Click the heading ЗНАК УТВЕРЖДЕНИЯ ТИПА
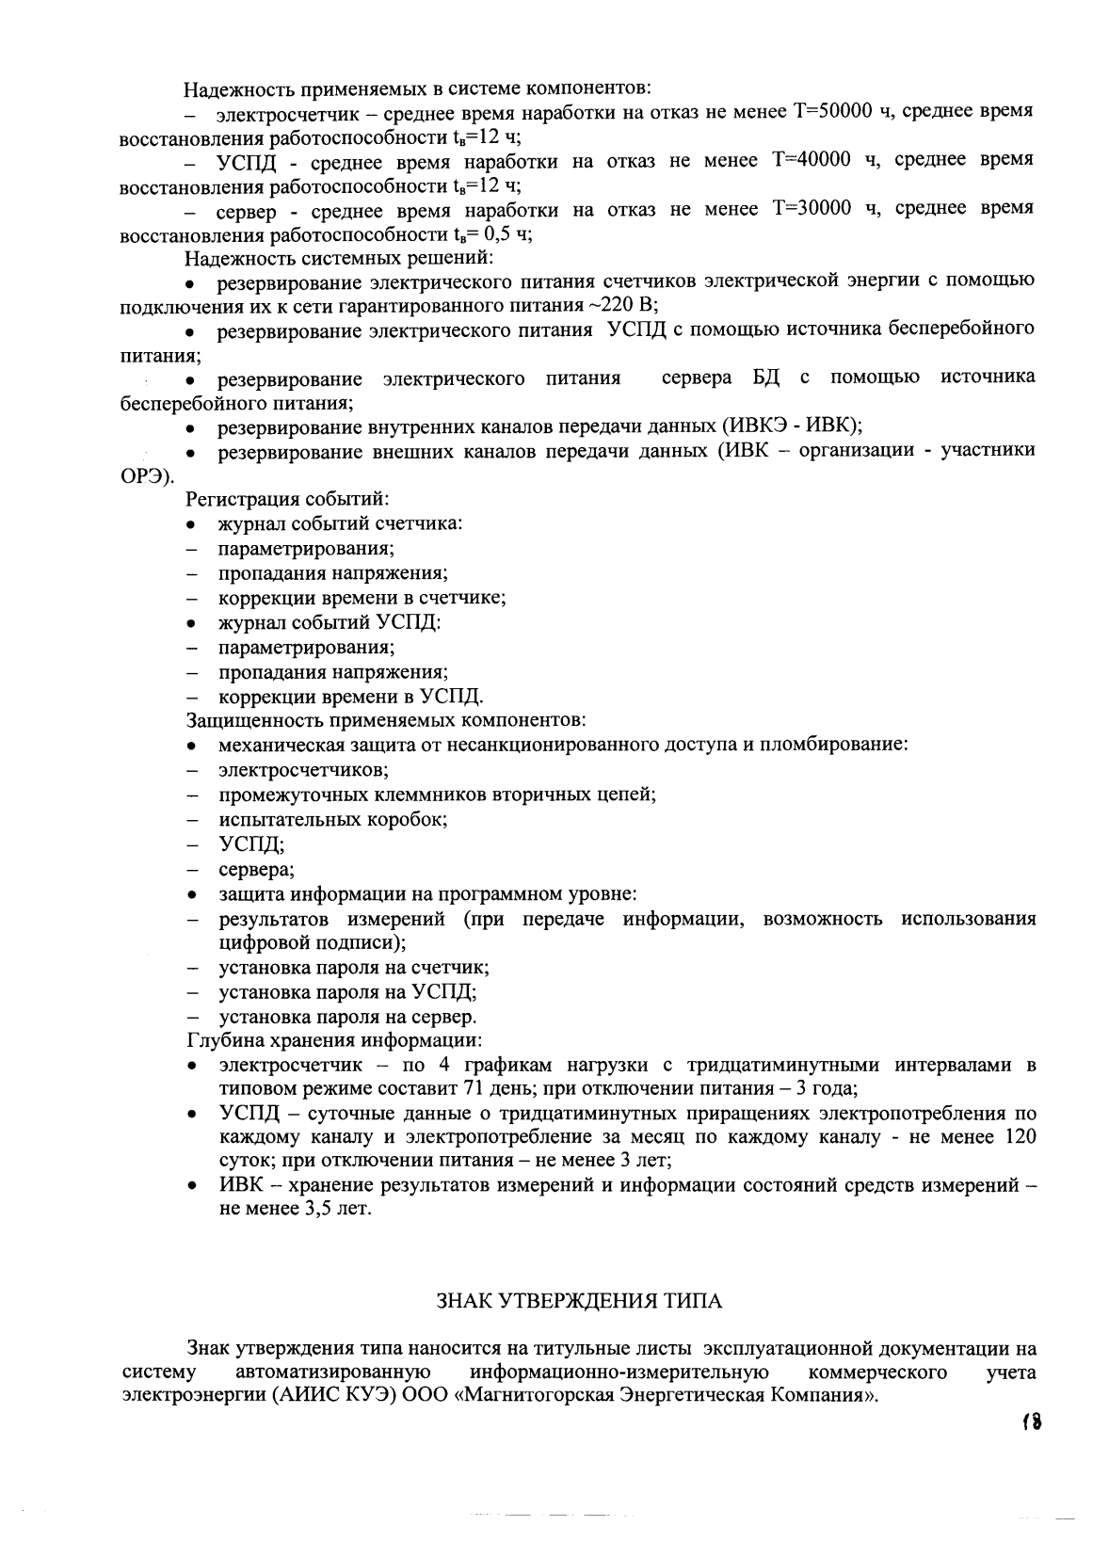[x=580, y=1302]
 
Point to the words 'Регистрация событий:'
[x=288, y=499]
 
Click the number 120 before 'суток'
[x=1021, y=1137]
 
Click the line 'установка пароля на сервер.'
[x=347, y=1017]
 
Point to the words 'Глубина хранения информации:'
[x=335, y=1040]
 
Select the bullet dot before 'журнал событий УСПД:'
[x=191, y=623]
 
